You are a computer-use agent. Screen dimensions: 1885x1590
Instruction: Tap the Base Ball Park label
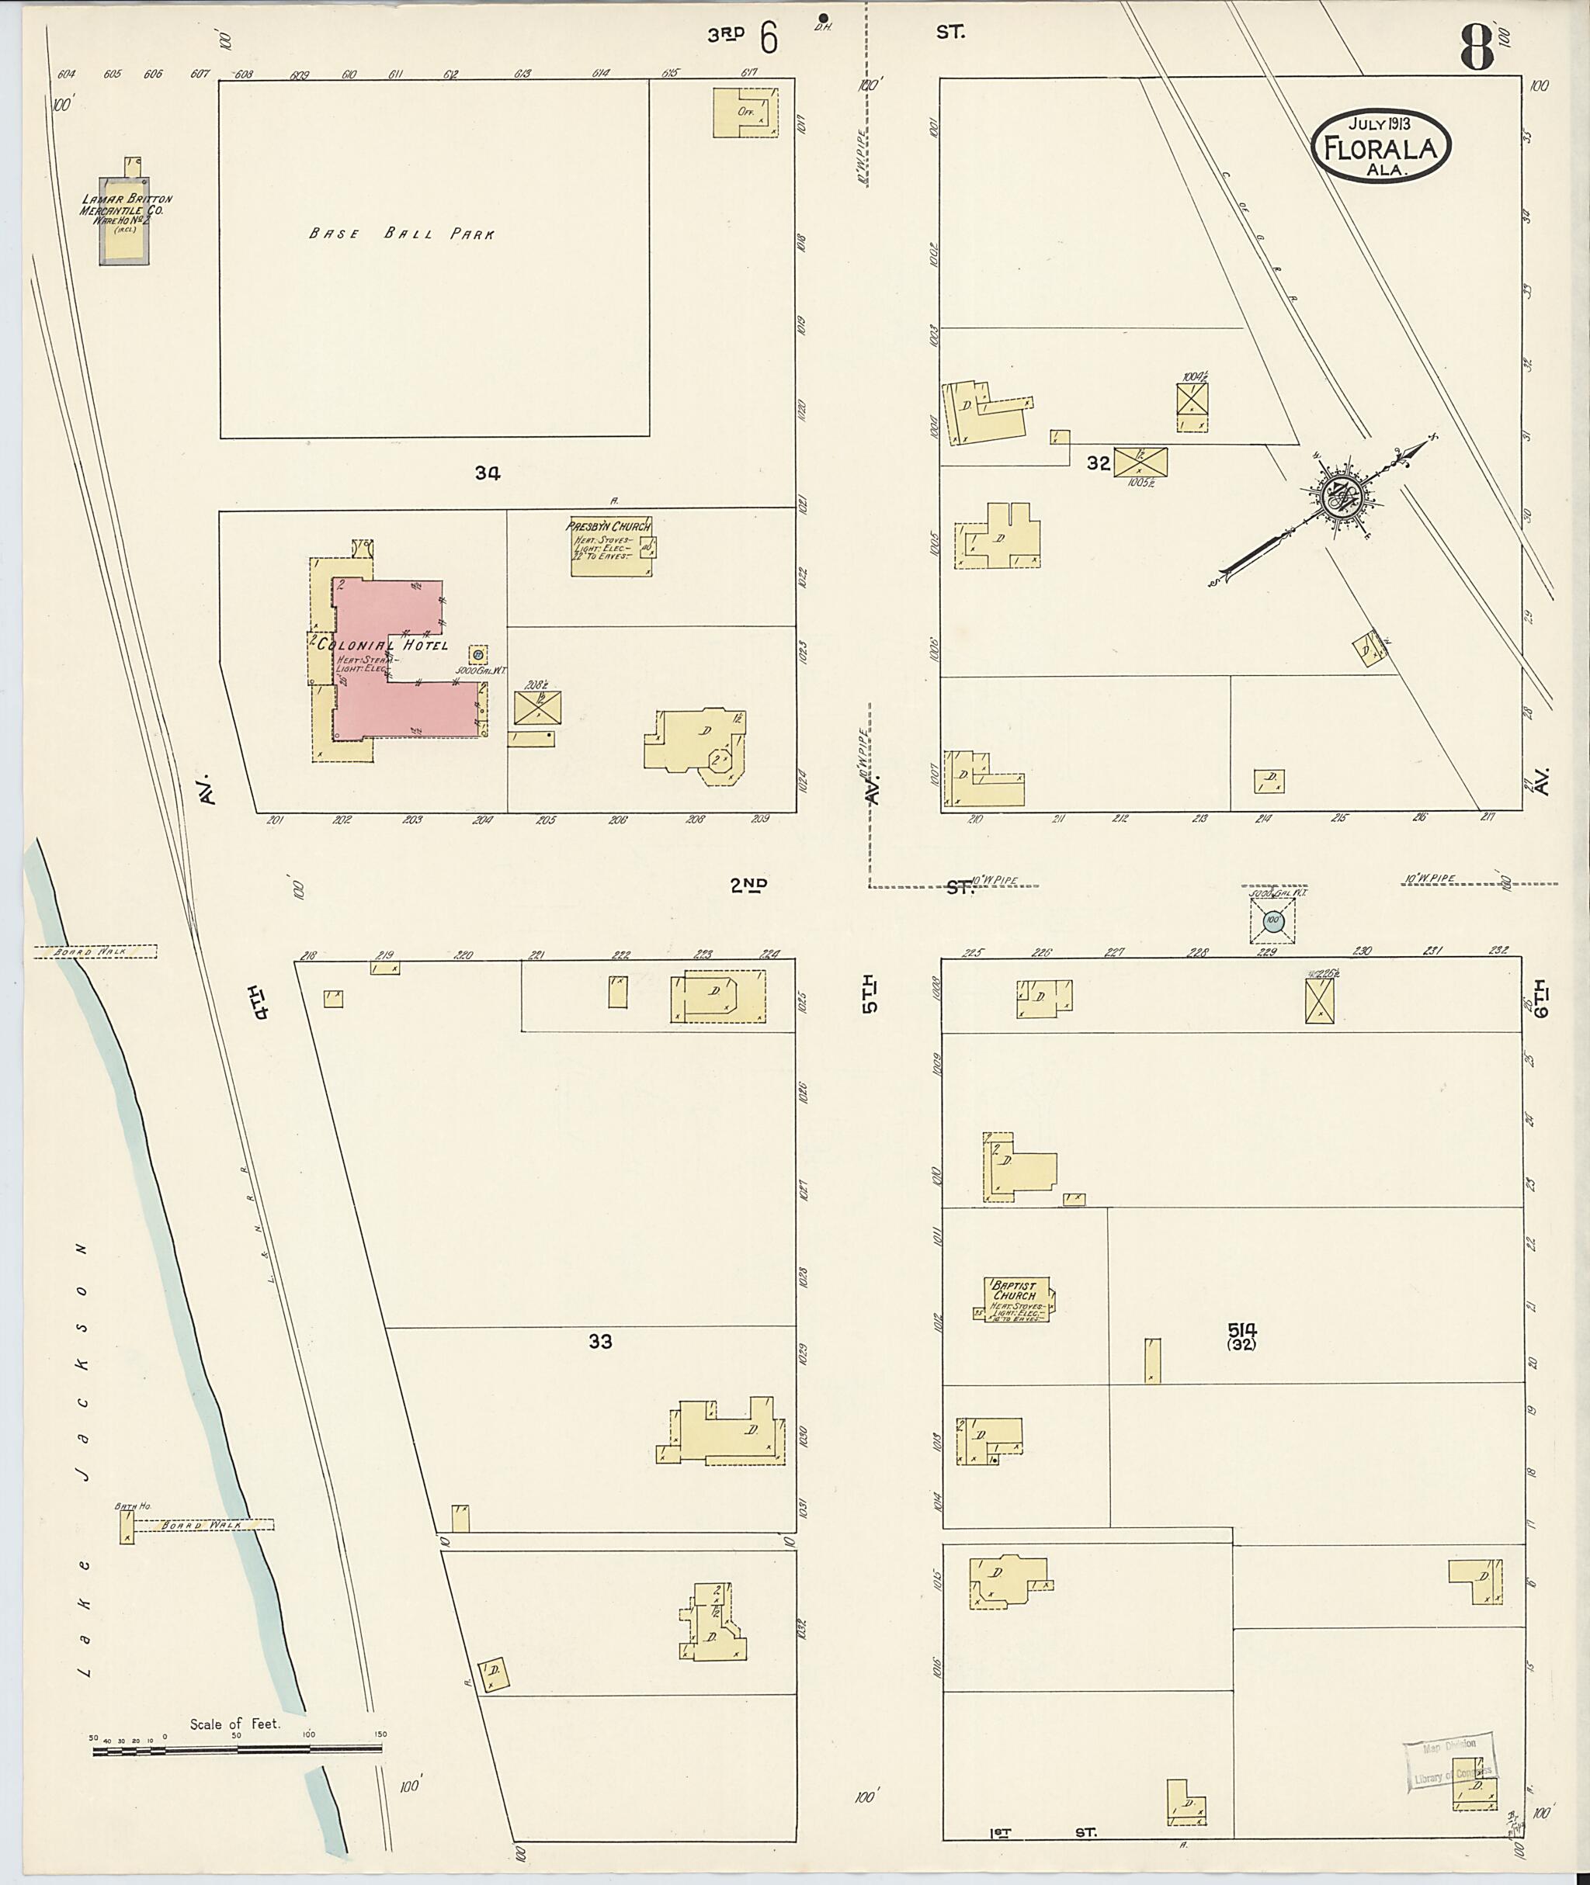click(x=401, y=234)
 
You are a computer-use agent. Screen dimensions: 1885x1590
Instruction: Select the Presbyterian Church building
click(x=610, y=546)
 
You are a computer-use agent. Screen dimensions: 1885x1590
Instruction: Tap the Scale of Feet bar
click(x=236, y=1750)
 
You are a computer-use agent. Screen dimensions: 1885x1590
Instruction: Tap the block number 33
click(x=600, y=1341)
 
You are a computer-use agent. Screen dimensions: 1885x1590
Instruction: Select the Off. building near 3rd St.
click(x=745, y=113)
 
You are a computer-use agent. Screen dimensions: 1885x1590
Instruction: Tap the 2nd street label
click(x=749, y=885)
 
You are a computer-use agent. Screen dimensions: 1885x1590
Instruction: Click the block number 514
click(x=1241, y=1329)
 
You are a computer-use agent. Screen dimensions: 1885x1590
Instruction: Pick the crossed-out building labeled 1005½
click(x=1140, y=463)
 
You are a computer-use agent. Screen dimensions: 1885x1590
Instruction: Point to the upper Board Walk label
click(x=95, y=951)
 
